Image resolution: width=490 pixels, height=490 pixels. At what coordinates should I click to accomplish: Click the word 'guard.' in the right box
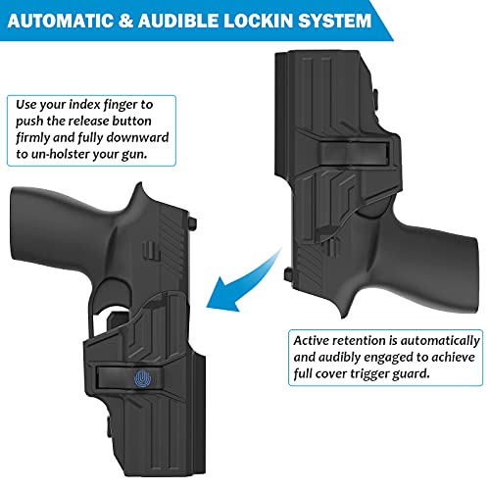(x=439, y=376)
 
